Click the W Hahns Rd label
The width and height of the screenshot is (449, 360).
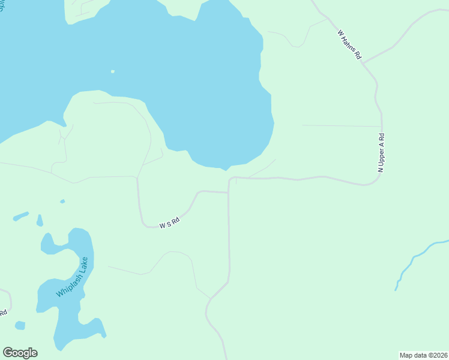click(349, 44)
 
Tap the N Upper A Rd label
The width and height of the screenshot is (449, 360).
click(381, 153)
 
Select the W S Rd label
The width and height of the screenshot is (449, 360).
click(170, 223)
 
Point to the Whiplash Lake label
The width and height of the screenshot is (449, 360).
click(73, 277)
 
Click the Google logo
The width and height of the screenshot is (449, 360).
click(20, 353)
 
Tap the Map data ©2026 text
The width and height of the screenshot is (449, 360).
click(423, 355)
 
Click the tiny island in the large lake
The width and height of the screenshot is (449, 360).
click(112, 72)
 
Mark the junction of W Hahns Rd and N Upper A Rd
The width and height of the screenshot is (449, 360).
click(363, 62)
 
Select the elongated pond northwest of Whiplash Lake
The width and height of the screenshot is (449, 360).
click(20, 216)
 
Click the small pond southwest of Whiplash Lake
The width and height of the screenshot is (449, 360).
click(20, 325)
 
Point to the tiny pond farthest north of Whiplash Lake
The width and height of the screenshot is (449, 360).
click(62, 202)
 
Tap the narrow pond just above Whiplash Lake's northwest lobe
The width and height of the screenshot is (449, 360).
click(40, 221)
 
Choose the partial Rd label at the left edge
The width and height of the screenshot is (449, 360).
click(3, 313)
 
